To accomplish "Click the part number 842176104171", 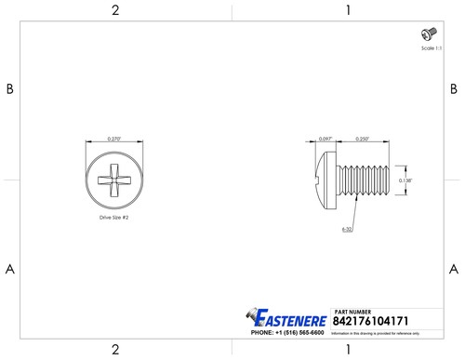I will click(x=369, y=319).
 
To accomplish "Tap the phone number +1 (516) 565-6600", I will click(x=289, y=332).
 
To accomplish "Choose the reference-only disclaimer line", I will click(x=376, y=332).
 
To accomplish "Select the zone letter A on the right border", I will click(x=454, y=268).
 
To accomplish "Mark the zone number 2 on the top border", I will click(x=115, y=10).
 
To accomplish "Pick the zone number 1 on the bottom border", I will click(x=347, y=350).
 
